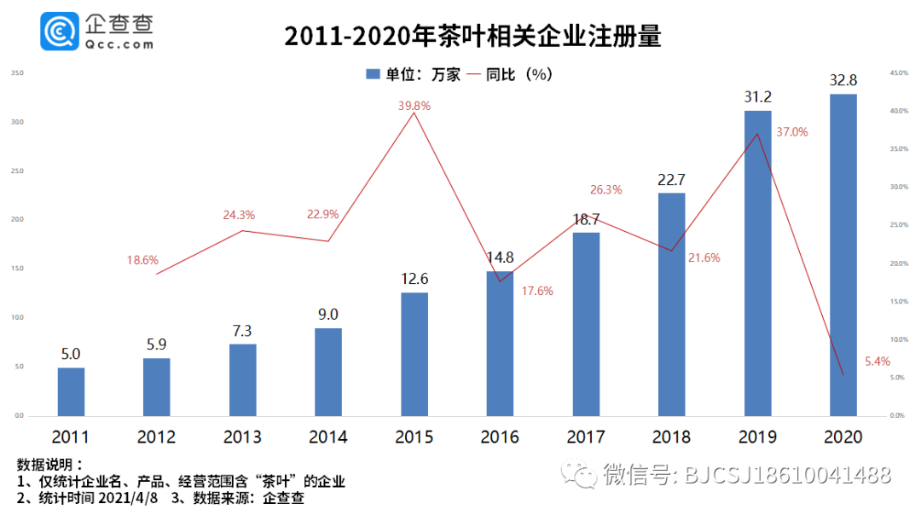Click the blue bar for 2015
pos(414,354)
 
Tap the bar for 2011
pos(72,391)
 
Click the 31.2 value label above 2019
pos(757,96)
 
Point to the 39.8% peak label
pos(414,106)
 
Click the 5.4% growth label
pos(877,362)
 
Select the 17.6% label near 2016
pos(537,291)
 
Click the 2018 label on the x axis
pos(671,437)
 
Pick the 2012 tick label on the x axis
pos(156,437)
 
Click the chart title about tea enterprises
pos(472,37)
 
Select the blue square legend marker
pos(372,75)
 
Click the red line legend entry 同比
pos(503,75)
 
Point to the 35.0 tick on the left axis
pos(16,73)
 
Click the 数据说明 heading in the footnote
pos(49,466)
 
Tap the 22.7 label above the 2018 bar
pos(671,179)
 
